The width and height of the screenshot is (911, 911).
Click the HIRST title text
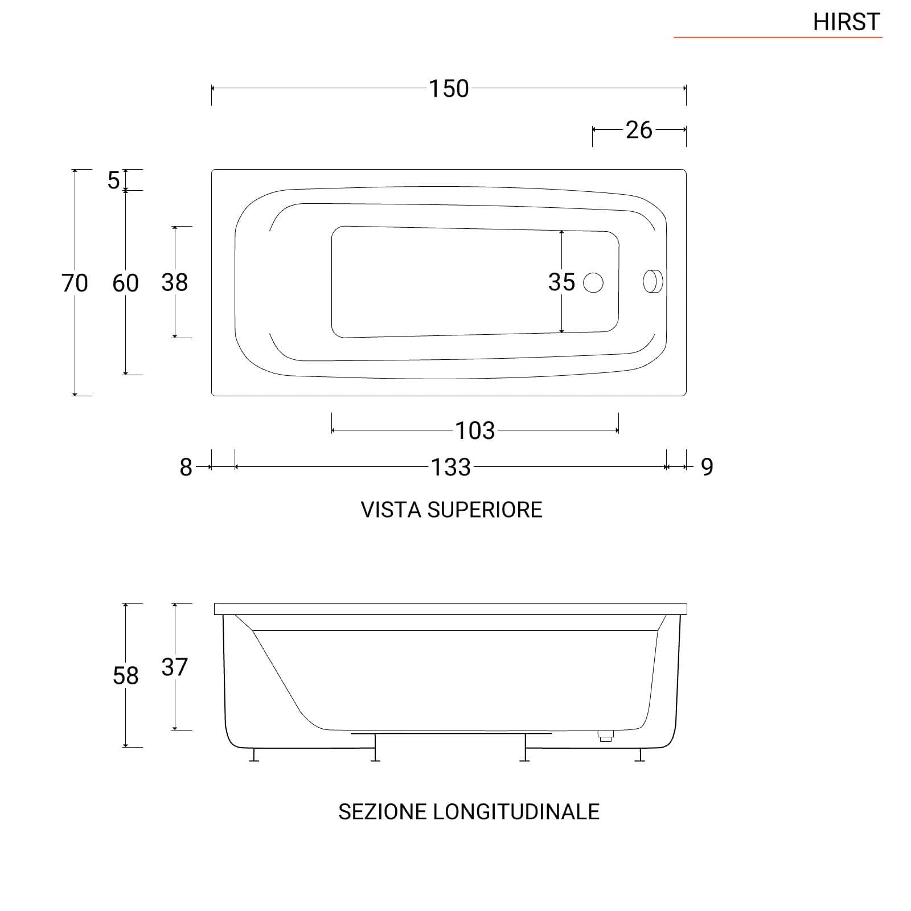click(x=846, y=22)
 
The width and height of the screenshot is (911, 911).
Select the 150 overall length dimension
click(x=449, y=89)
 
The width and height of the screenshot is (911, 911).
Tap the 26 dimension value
click(x=639, y=130)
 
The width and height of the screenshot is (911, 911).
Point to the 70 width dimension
click(x=75, y=283)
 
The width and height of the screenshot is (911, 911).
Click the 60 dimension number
click(x=125, y=283)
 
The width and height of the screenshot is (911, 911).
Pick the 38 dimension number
click(x=174, y=282)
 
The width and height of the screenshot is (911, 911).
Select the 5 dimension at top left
click(x=114, y=180)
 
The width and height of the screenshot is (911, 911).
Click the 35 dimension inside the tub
click(x=561, y=282)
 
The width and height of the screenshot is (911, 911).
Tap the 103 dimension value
click(x=475, y=431)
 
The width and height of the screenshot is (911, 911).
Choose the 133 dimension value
click(x=451, y=467)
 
